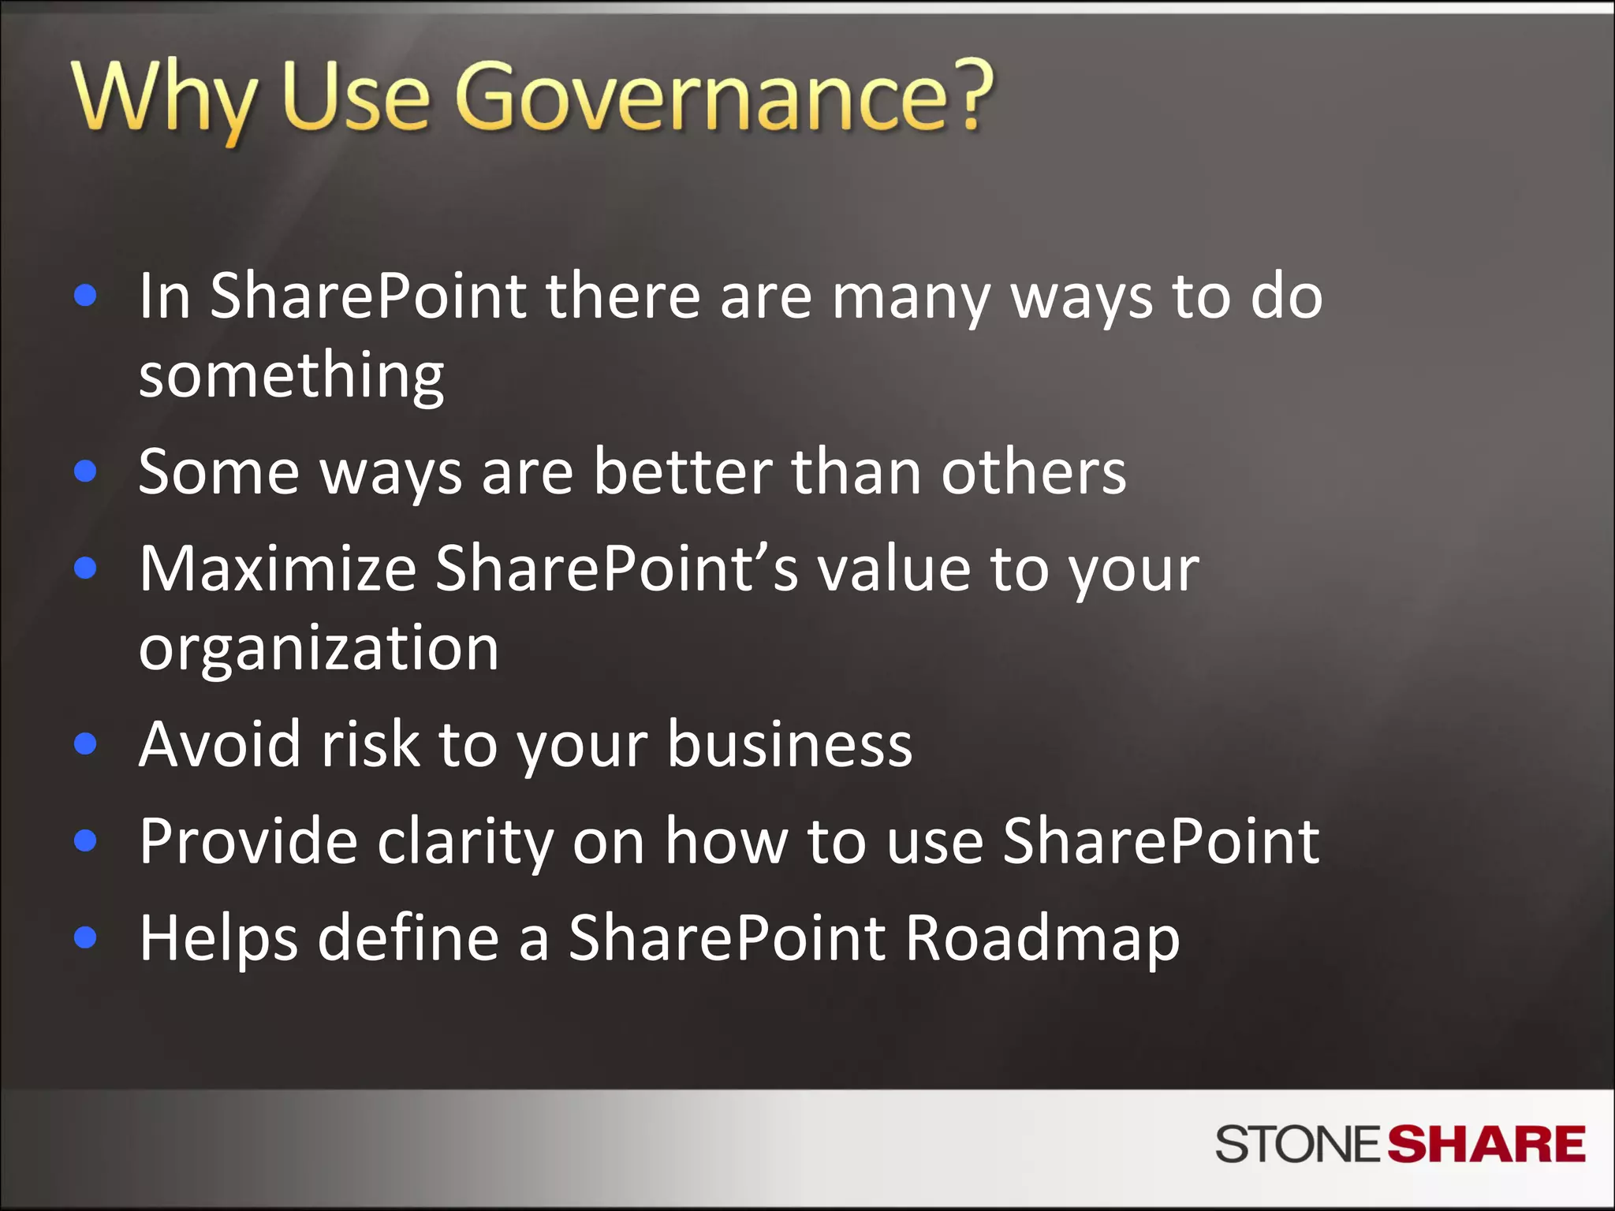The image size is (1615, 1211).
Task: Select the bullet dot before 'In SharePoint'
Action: point(85,296)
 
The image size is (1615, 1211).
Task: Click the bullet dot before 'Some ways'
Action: point(85,471)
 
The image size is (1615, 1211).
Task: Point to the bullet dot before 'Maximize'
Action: point(85,568)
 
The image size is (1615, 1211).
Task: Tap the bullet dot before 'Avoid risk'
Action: point(85,743)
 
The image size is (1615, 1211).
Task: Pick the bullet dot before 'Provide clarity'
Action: point(85,840)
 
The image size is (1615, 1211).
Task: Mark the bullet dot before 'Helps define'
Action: point(85,937)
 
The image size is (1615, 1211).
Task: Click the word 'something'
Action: point(291,377)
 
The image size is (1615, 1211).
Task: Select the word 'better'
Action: point(682,472)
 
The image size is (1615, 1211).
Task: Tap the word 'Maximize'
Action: point(278,569)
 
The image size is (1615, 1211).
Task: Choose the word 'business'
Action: point(789,744)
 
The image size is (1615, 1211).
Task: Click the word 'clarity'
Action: point(465,843)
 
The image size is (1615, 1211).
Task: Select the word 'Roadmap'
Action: point(1042,940)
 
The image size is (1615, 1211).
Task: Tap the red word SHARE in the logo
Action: point(1486,1145)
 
